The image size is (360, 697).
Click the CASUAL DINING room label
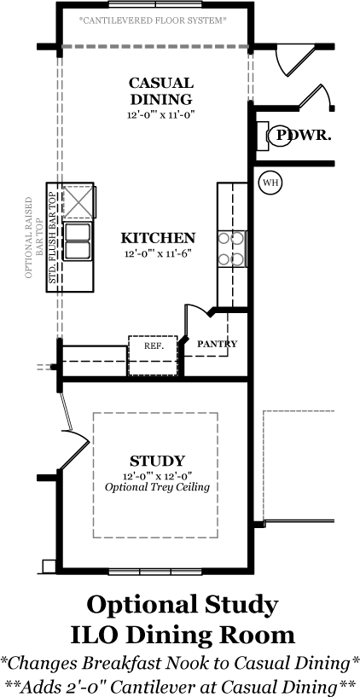(x=161, y=90)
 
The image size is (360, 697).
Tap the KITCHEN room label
(x=158, y=238)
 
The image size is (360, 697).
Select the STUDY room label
(x=157, y=461)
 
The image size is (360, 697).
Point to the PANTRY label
(x=217, y=344)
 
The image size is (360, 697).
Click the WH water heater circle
(x=270, y=183)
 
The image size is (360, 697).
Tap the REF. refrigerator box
(x=154, y=356)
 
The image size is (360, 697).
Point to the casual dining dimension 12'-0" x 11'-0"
(x=161, y=115)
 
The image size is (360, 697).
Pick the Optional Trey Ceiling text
(x=157, y=487)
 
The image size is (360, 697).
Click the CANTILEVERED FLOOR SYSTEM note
(x=153, y=20)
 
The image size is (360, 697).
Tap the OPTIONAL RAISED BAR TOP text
(x=34, y=238)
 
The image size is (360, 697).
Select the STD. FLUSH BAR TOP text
(x=53, y=238)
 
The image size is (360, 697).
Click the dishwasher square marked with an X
(x=78, y=202)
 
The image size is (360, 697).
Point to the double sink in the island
(x=78, y=241)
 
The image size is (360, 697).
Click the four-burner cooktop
(x=231, y=249)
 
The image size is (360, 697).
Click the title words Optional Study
(x=183, y=605)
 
